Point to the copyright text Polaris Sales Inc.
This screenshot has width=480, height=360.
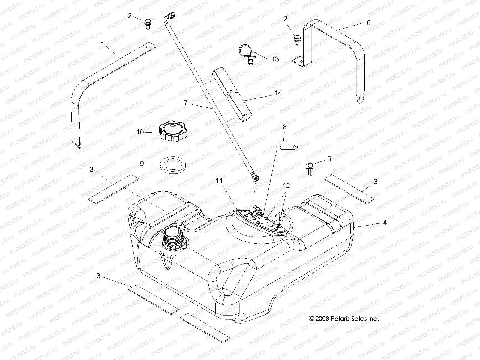click(x=344, y=319)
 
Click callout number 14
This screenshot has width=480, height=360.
click(x=278, y=93)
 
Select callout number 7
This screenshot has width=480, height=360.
click(x=186, y=103)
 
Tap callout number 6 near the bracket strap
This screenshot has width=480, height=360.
click(x=369, y=22)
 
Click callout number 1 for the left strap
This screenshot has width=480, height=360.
click(x=103, y=44)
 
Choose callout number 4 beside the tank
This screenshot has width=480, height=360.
click(x=385, y=222)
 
